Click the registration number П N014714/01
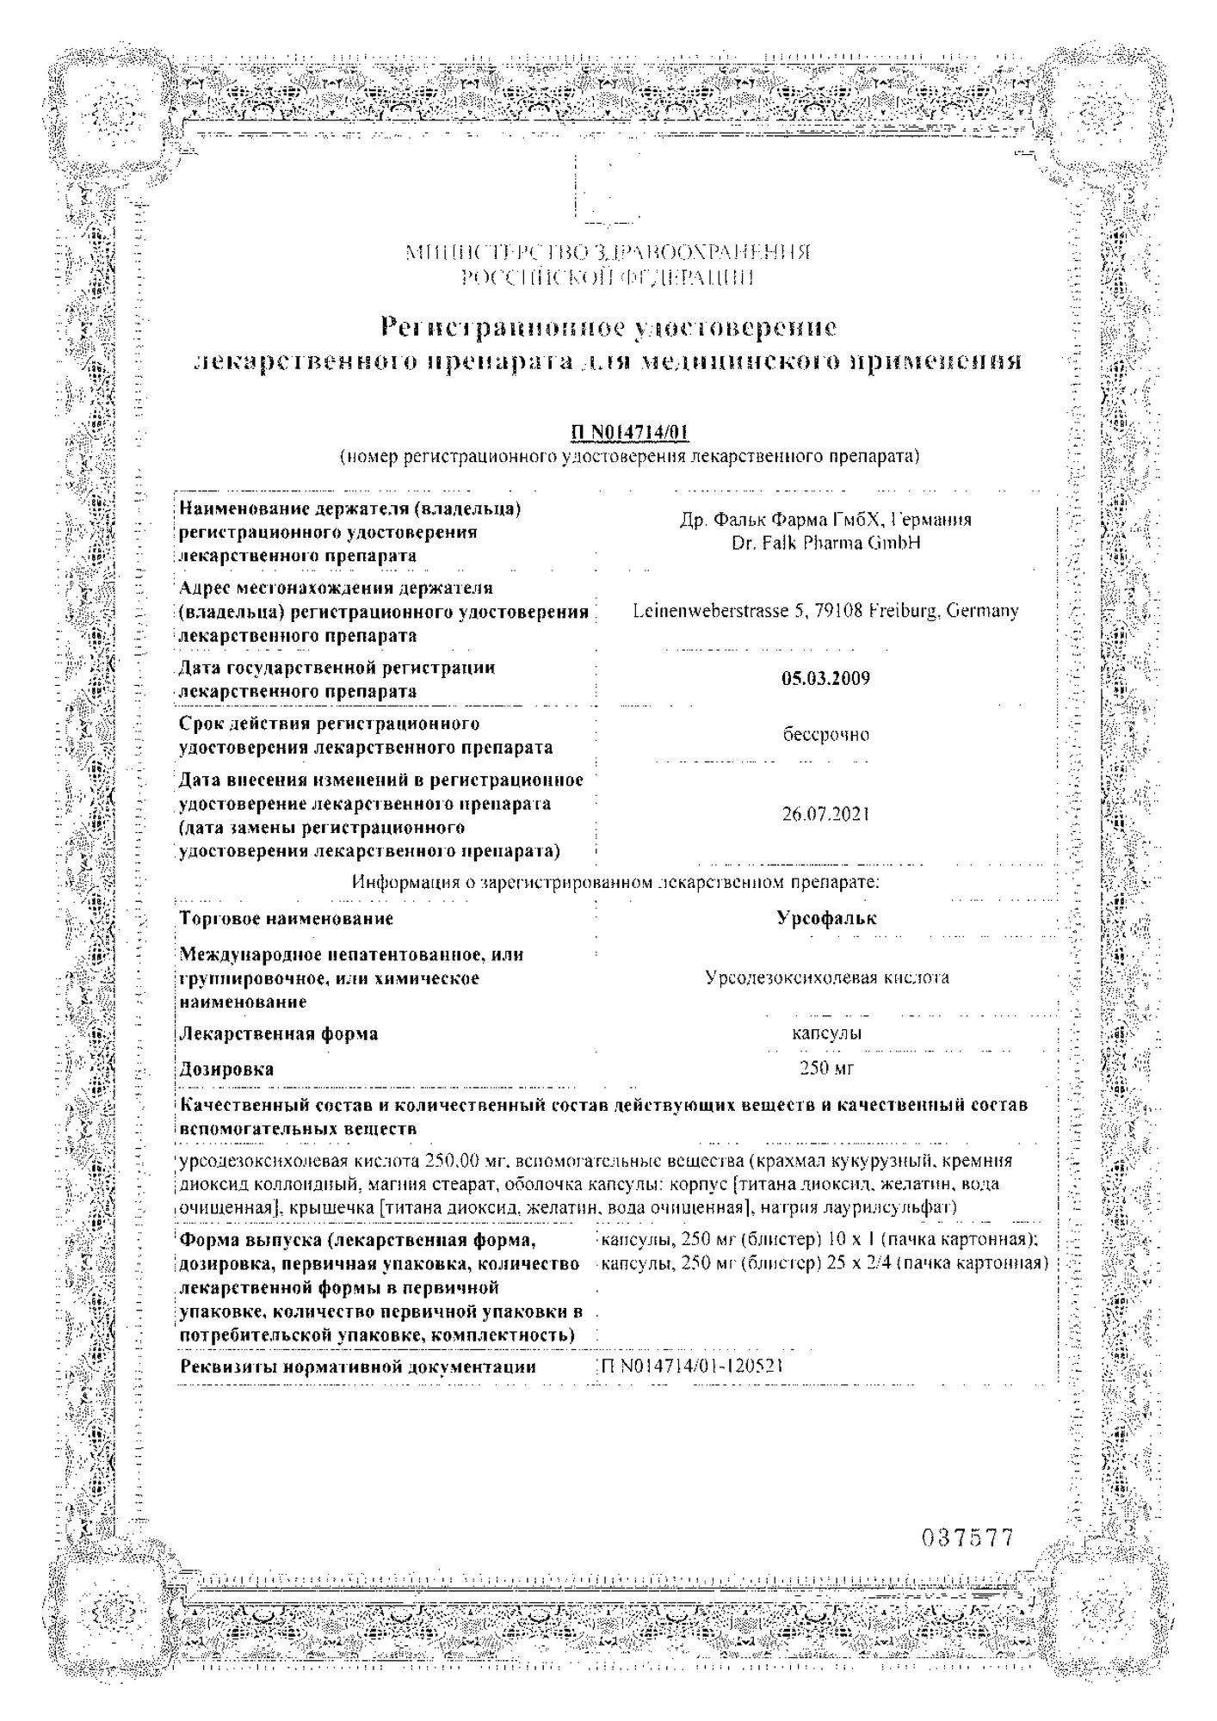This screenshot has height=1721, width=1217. click(630, 433)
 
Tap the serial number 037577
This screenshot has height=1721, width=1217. click(967, 1538)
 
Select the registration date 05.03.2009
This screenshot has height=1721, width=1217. click(825, 678)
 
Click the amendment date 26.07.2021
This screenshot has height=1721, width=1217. click(825, 813)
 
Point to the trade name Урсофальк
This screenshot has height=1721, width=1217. click(826, 918)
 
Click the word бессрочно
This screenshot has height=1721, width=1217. click(825, 735)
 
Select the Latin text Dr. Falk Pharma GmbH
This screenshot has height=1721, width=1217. click(825, 543)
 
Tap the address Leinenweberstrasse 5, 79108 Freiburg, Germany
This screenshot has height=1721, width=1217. click(825, 611)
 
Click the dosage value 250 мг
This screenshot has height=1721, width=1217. click(826, 1068)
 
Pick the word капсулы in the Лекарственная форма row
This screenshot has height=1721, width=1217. click(826, 1033)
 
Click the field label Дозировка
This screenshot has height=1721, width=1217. click(226, 1069)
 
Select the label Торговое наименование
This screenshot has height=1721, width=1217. click(287, 918)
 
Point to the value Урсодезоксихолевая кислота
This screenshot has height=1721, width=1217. click(826, 978)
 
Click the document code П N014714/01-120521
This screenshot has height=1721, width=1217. click(692, 1366)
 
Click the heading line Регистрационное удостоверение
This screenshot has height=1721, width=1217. click(608, 327)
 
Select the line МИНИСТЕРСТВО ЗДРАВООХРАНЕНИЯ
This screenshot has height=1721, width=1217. click(608, 252)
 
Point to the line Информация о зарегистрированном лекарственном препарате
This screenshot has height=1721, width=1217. click(615, 882)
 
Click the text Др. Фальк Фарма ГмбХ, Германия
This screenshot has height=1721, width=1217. click(825, 520)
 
